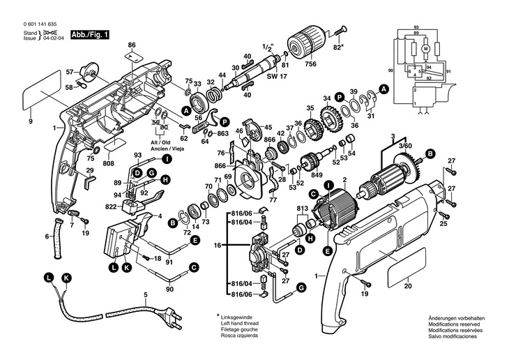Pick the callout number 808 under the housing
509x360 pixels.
point(109,165)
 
